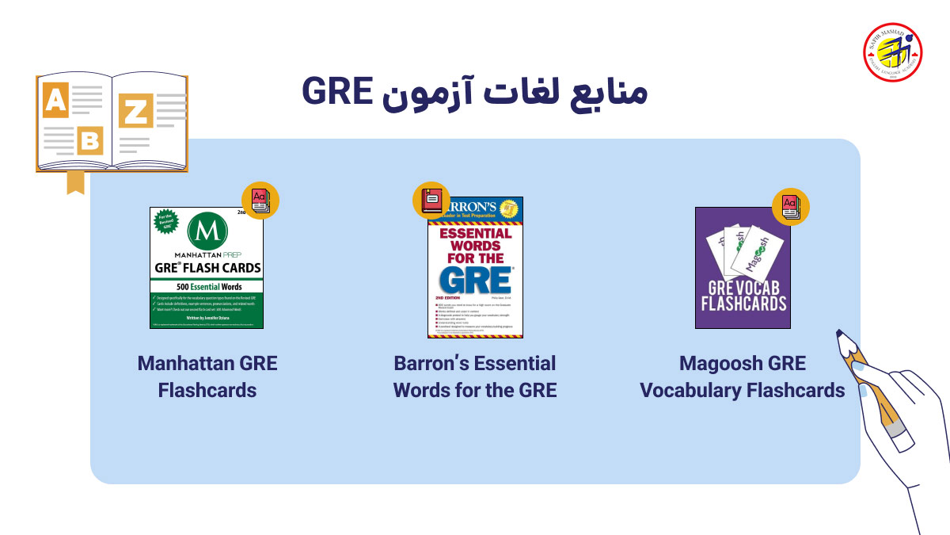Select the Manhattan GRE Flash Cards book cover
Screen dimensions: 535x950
coord(207,268)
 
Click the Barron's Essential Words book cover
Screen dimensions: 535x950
coord(475,268)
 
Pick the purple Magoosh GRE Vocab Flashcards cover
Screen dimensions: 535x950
coord(743,268)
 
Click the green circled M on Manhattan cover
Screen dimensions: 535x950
coord(207,235)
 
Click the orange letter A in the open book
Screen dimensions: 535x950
coord(55,101)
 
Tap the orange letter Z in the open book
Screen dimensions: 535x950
coord(135,111)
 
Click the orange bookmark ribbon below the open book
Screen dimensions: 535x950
coord(75,182)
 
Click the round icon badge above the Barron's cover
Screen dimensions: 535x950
coord(431,201)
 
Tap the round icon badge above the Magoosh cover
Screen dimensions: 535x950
coord(791,207)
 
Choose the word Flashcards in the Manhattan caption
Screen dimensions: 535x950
coord(207,391)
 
